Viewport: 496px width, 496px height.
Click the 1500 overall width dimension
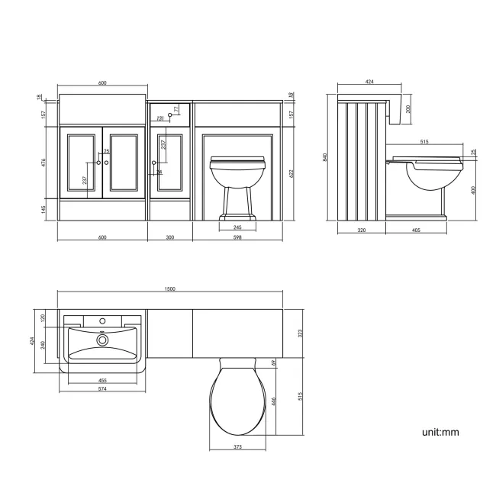tap(170, 289)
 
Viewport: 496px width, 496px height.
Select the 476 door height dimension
tap(45, 162)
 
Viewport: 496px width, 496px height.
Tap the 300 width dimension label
tap(170, 237)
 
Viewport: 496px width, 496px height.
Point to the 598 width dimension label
tap(238, 237)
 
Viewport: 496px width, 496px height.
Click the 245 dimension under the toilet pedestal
tap(238, 227)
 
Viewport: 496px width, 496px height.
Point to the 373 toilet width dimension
tap(238, 447)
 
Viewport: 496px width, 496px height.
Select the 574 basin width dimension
tap(101, 389)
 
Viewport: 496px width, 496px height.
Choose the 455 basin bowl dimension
tap(101, 380)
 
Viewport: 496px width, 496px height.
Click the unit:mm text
tap(440, 432)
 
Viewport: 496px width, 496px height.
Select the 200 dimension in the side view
tap(407, 108)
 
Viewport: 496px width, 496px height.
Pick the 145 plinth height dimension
tap(45, 208)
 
